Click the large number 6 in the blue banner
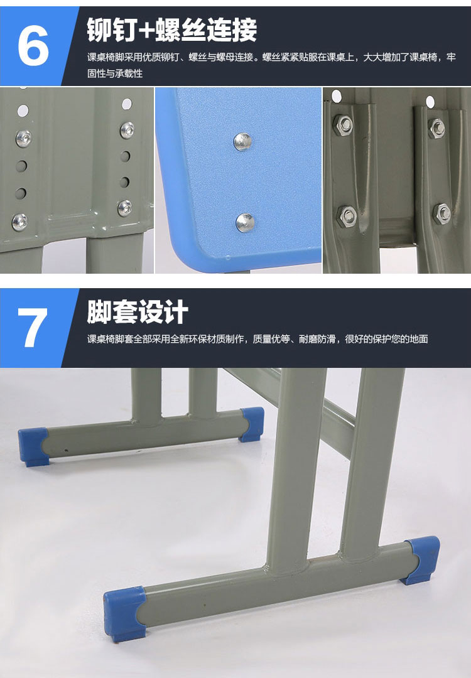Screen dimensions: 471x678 click(33, 45)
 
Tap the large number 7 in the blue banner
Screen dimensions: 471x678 click(33, 327)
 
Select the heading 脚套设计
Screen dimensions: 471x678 click(138, 312)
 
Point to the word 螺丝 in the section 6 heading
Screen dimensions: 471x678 click(180, 30)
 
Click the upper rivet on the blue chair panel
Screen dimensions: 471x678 click(243, 141)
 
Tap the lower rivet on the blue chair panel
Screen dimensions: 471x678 click(245, 222)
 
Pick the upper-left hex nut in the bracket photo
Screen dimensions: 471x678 click(343, 126)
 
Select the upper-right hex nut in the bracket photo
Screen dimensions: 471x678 click(436, 127)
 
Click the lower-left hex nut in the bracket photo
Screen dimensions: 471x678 click(347, 215)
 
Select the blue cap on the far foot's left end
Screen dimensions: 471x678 click(33, 446)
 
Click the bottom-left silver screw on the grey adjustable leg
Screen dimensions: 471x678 click(19, 222)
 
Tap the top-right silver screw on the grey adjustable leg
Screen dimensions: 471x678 click(127, 130)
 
